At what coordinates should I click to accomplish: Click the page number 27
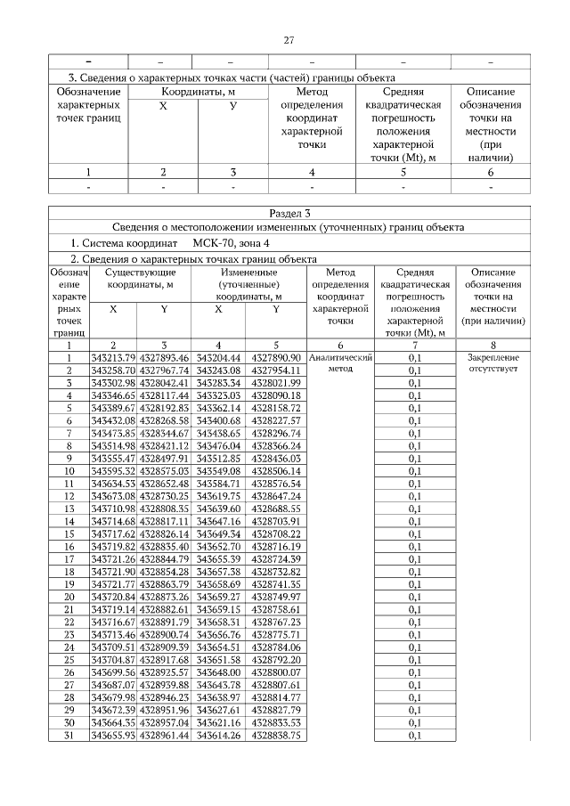pyautogui.click(x=289, y=40)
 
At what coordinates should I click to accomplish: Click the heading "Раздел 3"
pyautogui.click(x=289, y=213)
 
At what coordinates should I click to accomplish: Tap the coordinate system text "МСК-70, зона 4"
pyautogui.click(x=229, y=242)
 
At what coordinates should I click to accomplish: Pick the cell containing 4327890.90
pyautogui.click(x=276, y=357)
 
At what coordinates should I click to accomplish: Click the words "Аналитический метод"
pyautogui.click(x=340, y=362)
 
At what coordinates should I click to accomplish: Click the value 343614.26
pyautogui.click(x=217, y=736)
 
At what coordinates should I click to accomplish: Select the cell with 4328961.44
pyautogui.click(x=164, y=736)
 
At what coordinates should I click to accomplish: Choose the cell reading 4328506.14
pyautogui.click(x=276, y=471)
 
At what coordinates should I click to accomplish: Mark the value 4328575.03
pyautogui.click(x=164, y=471)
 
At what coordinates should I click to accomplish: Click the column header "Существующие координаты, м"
pyautogui.click(x=139, y=278)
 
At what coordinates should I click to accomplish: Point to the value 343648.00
pyautogui.click(x=217, y=672)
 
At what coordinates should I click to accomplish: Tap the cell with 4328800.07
pyautogui.click(x=276, y=672)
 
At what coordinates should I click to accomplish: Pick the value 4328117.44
pyautogui.click(x=164, y=395)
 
